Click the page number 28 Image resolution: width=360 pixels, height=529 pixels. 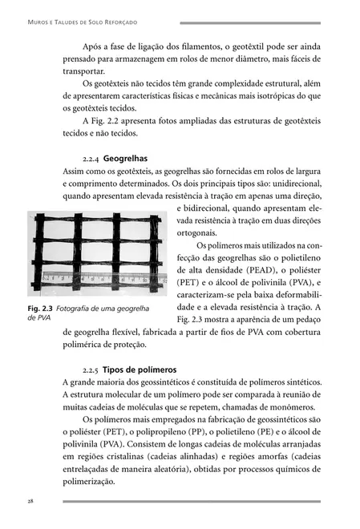[30, 501]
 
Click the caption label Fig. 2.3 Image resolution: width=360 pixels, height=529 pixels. [40, 309]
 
